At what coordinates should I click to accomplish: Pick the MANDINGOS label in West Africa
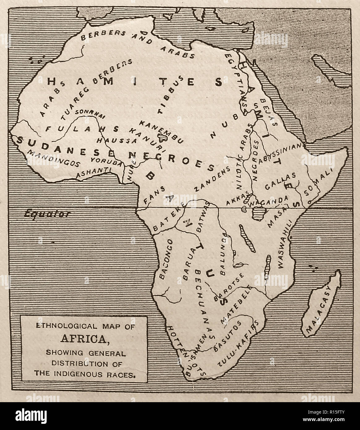53,157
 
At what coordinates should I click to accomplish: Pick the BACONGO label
165,260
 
